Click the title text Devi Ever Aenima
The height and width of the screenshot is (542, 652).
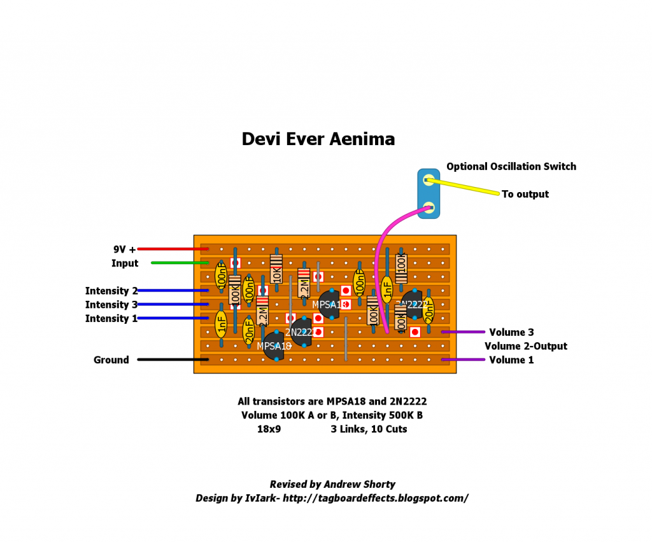[318, 139]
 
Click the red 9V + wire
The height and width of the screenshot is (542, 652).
[173, 249]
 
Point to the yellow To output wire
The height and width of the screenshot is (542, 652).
[465, 188]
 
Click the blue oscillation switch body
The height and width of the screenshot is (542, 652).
[429, 193]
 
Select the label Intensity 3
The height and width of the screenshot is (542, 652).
[111, 305]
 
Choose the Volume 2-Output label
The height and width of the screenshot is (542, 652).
[525, 346]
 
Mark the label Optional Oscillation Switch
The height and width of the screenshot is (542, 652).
[511, 167]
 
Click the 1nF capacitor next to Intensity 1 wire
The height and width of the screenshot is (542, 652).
[221, 324]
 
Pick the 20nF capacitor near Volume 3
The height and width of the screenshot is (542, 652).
[429, 310]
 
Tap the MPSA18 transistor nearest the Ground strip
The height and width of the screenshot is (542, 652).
[274, 346]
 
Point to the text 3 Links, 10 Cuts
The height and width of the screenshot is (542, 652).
[369, 429]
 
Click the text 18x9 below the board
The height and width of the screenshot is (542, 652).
[268, 429]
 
